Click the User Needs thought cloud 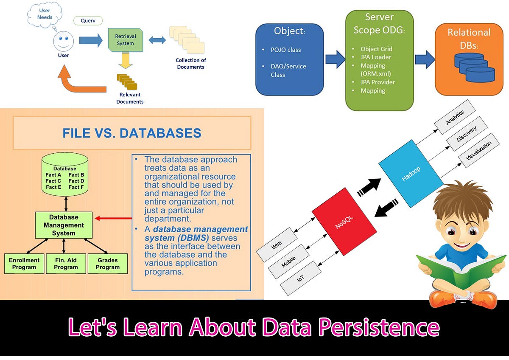(x=45, y=14)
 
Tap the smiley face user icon (x=63, y=42)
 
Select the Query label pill (x=88, y=20)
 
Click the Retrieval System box (x=125, y=40)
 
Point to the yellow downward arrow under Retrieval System (x=125, y=61)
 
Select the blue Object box (x=289, y=59)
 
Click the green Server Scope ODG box (x=379, y=60)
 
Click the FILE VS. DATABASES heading (x=131, y=133)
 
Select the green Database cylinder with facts (x=65, y=177)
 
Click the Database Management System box (x=64, y=225)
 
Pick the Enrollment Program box (x=24, y=264)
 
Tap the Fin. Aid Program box (x=66, y=264)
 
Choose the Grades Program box (x=107, y=264)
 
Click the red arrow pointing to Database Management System (x=113, y=219)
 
